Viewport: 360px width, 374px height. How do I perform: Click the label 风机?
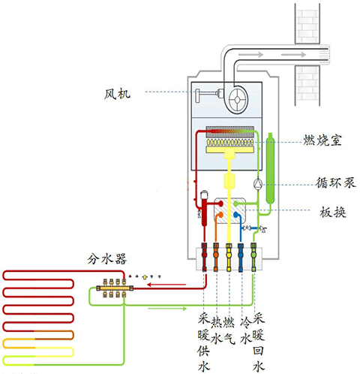click(118, 94)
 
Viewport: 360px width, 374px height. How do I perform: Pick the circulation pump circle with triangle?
click(257, 182)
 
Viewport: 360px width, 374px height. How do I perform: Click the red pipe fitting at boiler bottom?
click(204, 257)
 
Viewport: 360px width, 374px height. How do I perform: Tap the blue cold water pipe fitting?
click(241, 257)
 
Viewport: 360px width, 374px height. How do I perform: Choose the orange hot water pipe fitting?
click(217, 257)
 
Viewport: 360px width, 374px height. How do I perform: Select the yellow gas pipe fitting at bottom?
click(229, 257)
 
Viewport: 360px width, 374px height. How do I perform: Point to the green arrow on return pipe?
click(158, 307)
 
